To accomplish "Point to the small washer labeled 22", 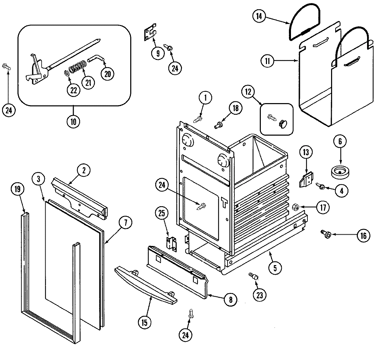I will coord(66,73).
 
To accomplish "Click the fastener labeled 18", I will coord(217,126).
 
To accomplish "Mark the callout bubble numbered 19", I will coord(17,189).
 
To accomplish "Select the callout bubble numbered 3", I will coord(39,179).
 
